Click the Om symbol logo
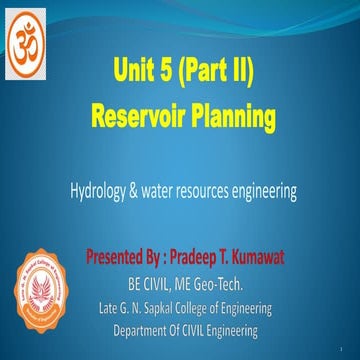[x=30, y=41]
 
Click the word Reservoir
[x=143, y=118]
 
